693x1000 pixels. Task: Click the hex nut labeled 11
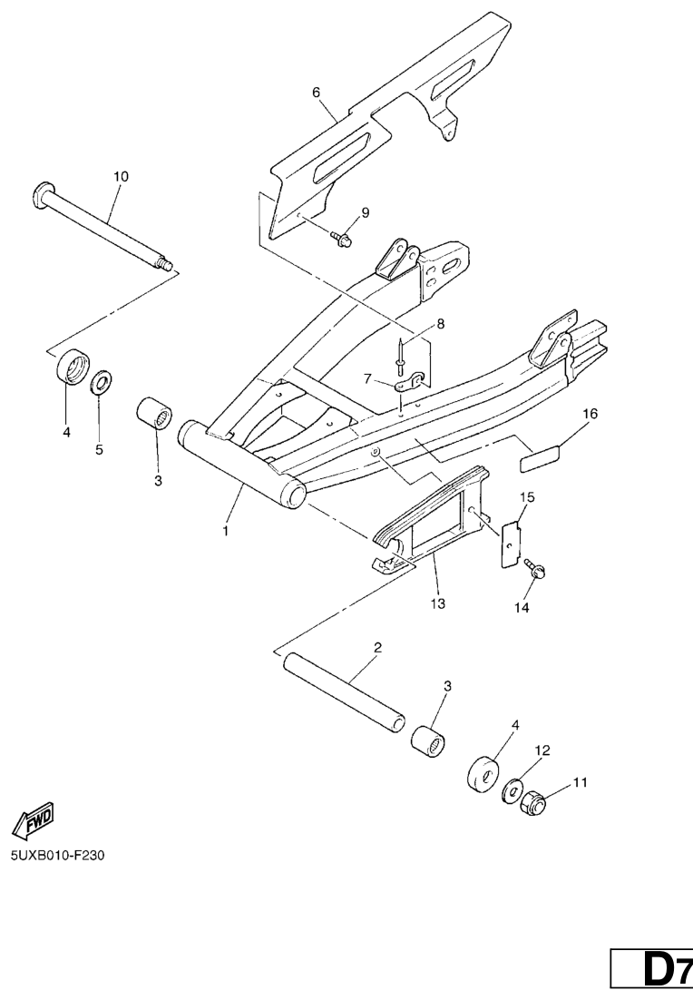pos(534,806)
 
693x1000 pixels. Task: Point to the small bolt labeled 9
pos(342,240)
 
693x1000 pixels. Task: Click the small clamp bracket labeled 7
pos(411,383)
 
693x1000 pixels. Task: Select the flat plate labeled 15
pos(510,544)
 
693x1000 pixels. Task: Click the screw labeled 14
pos(534,567)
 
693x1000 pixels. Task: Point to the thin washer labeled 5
pos(101,382)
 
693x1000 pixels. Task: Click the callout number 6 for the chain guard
pos(317,93)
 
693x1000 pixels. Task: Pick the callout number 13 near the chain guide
pos(439,603)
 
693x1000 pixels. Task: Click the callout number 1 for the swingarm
pos(225,530)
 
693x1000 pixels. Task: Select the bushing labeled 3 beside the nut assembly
pos(428,740)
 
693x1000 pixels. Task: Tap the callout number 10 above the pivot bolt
pos(121,176)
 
